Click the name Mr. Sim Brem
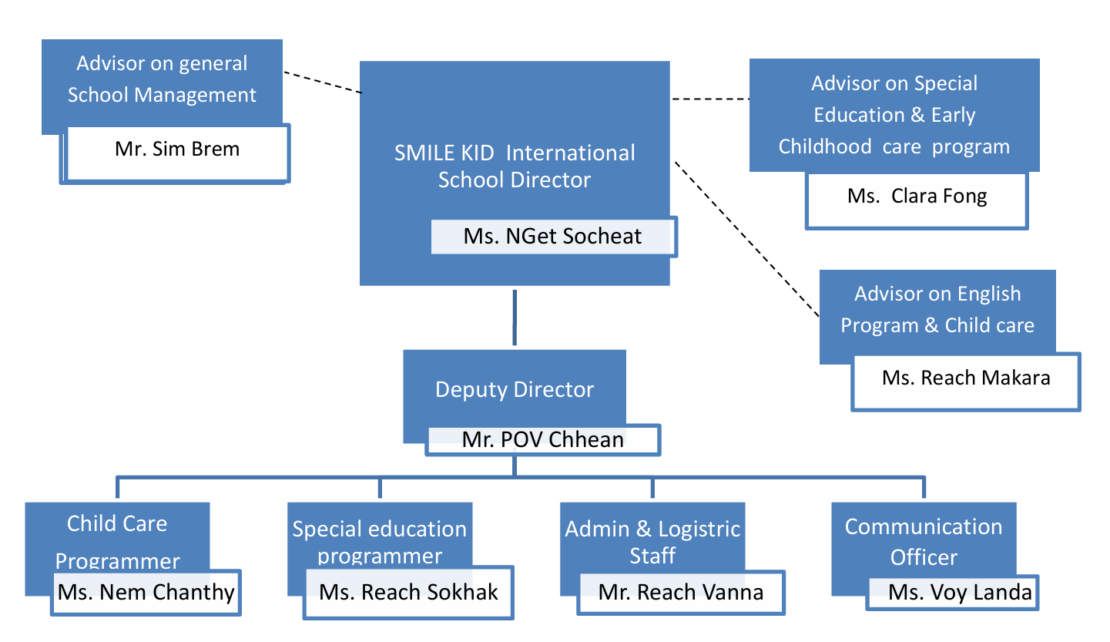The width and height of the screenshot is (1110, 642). point(177,149)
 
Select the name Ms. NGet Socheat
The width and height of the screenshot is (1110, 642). point(552,236)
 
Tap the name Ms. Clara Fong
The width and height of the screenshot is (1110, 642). point(917,196)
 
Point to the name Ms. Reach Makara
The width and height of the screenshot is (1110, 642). point(966,378)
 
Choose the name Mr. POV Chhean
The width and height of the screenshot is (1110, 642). point(542,439)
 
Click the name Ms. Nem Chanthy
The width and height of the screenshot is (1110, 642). point(146,592)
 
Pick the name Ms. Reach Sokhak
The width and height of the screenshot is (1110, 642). point(408,592)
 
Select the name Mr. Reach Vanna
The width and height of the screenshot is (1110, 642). point(681,592)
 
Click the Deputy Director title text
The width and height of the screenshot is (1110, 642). point(515,389)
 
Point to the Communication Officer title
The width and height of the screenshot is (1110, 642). point(924,542)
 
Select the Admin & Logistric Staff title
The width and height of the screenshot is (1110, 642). point(652,542)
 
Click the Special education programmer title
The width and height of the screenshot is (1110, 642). point(380,542)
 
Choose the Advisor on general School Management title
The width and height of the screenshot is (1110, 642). point(162,79)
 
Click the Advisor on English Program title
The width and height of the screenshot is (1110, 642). point(937,309)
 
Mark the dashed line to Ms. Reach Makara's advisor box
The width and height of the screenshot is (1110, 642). point(746,239)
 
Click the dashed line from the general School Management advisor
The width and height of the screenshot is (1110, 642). point(322,82)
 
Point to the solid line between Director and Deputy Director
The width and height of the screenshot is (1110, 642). point(515,318)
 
